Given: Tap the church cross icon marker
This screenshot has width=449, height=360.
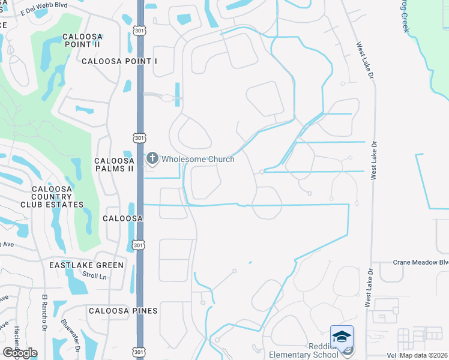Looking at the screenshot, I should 152,159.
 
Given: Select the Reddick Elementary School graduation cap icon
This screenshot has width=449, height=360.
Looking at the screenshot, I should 342,337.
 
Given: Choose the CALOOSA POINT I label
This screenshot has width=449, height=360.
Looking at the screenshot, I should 119,61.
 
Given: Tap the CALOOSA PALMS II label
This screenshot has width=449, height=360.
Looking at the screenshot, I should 114,165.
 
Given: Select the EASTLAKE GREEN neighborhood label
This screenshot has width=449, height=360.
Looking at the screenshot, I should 86,265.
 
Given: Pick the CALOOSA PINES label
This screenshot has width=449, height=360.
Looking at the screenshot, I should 123,311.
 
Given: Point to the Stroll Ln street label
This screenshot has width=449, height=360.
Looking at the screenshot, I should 93,275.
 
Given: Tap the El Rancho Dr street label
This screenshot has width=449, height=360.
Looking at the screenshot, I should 44,312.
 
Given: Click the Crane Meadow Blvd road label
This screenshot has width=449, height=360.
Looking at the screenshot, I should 421,262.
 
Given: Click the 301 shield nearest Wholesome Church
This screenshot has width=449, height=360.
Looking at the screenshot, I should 139,138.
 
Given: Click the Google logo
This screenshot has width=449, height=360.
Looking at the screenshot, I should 20,353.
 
